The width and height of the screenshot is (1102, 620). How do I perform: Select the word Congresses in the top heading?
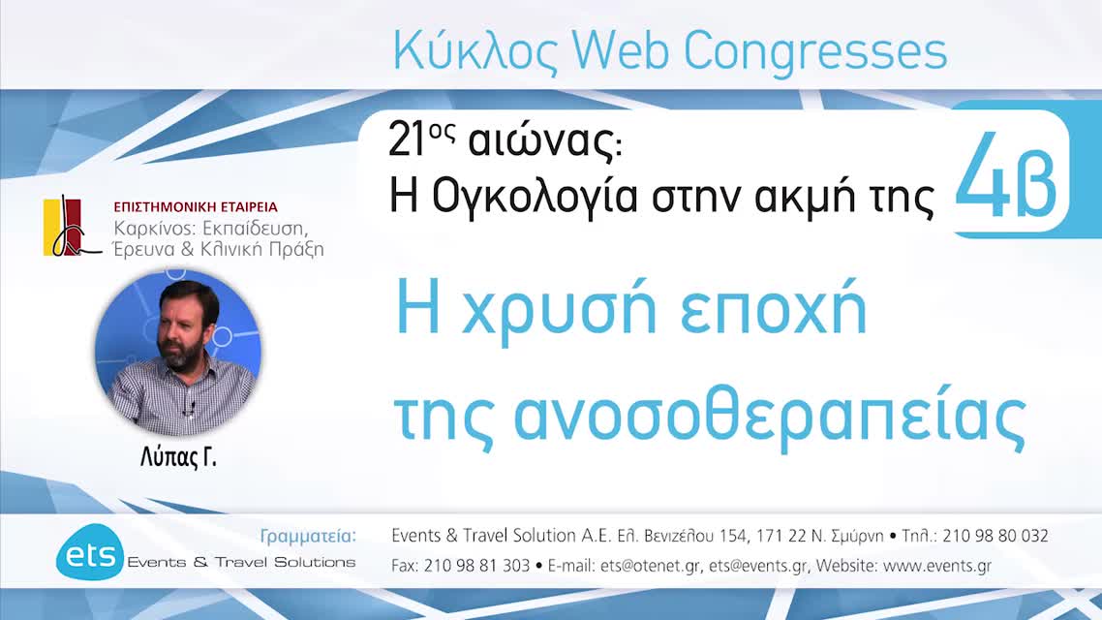point(816,51)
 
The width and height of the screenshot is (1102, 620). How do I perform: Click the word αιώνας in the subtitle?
point(529,143)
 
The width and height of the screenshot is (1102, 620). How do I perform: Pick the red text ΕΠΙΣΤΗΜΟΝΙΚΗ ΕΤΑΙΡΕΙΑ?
point(196,207)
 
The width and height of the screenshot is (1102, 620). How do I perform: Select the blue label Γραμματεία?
point(309,536)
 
